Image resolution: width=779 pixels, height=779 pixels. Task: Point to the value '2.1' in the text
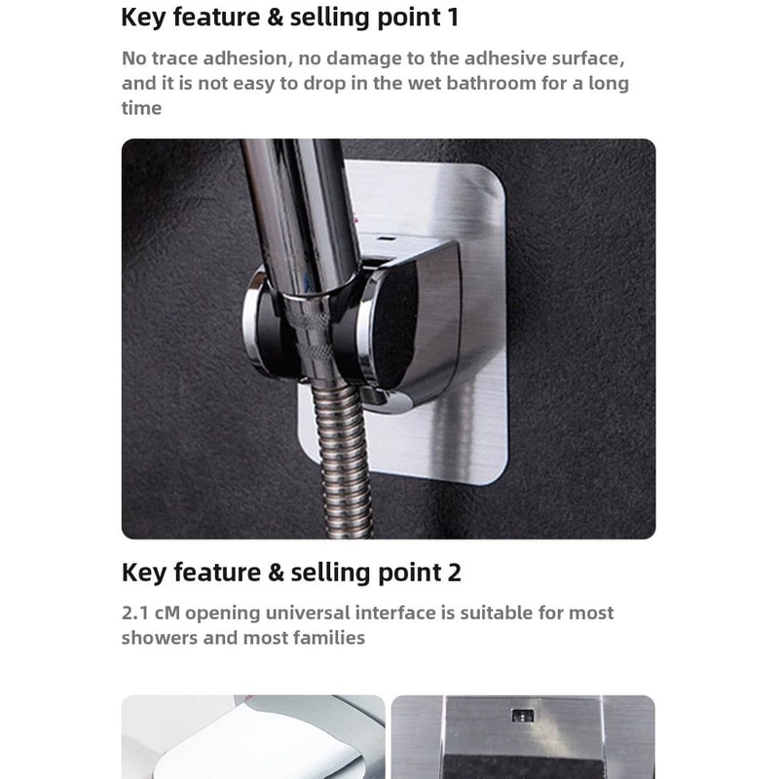(x=137, y=613)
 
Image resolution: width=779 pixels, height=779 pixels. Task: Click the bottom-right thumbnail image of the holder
(x=523, y=737)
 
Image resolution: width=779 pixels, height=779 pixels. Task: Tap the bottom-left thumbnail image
(x=253, y=737)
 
